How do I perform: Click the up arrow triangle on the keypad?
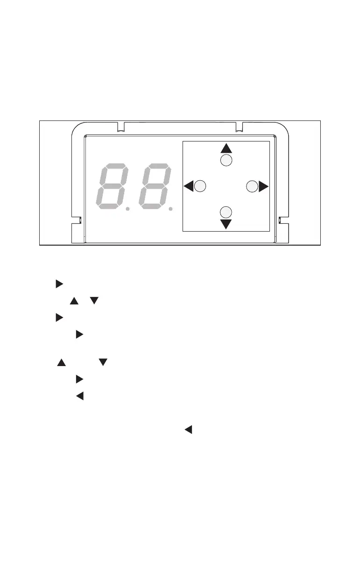tap(226, 148)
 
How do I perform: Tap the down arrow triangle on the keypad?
tap(226, 224)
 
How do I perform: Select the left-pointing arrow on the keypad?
tap(188, 187)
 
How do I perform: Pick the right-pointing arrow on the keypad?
tap(263, 187)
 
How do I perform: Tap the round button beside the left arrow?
tap(200, 186)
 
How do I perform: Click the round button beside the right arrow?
tap(251, 186)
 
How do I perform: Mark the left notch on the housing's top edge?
tap(120, 127)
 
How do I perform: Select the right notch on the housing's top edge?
tap(239, 127)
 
